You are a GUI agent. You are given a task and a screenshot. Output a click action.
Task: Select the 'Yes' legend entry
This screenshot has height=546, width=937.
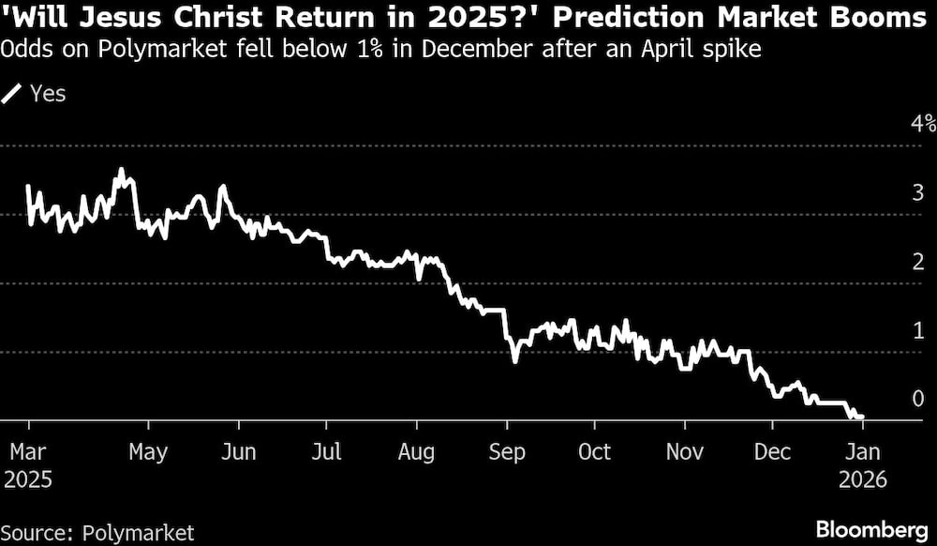48,93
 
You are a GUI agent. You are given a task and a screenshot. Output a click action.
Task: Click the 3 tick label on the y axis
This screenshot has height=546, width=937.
918,193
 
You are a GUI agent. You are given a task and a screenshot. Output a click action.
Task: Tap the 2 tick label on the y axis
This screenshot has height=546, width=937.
918,262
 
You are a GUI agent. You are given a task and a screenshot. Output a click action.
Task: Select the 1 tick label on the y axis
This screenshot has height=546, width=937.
918,330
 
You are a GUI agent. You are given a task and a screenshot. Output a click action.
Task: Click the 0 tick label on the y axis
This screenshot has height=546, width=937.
918,399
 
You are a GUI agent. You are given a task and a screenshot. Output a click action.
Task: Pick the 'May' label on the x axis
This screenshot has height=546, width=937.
148,452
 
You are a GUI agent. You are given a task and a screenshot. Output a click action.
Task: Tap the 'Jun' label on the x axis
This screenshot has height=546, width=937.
238,452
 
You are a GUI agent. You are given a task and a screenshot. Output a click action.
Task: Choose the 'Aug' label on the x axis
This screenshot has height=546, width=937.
416,452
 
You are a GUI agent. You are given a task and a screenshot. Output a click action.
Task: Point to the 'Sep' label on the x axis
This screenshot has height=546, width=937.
506,452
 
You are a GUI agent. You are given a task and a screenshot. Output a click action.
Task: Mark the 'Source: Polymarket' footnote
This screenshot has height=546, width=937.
97,533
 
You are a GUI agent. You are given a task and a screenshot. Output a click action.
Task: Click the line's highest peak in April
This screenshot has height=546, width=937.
121,170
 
